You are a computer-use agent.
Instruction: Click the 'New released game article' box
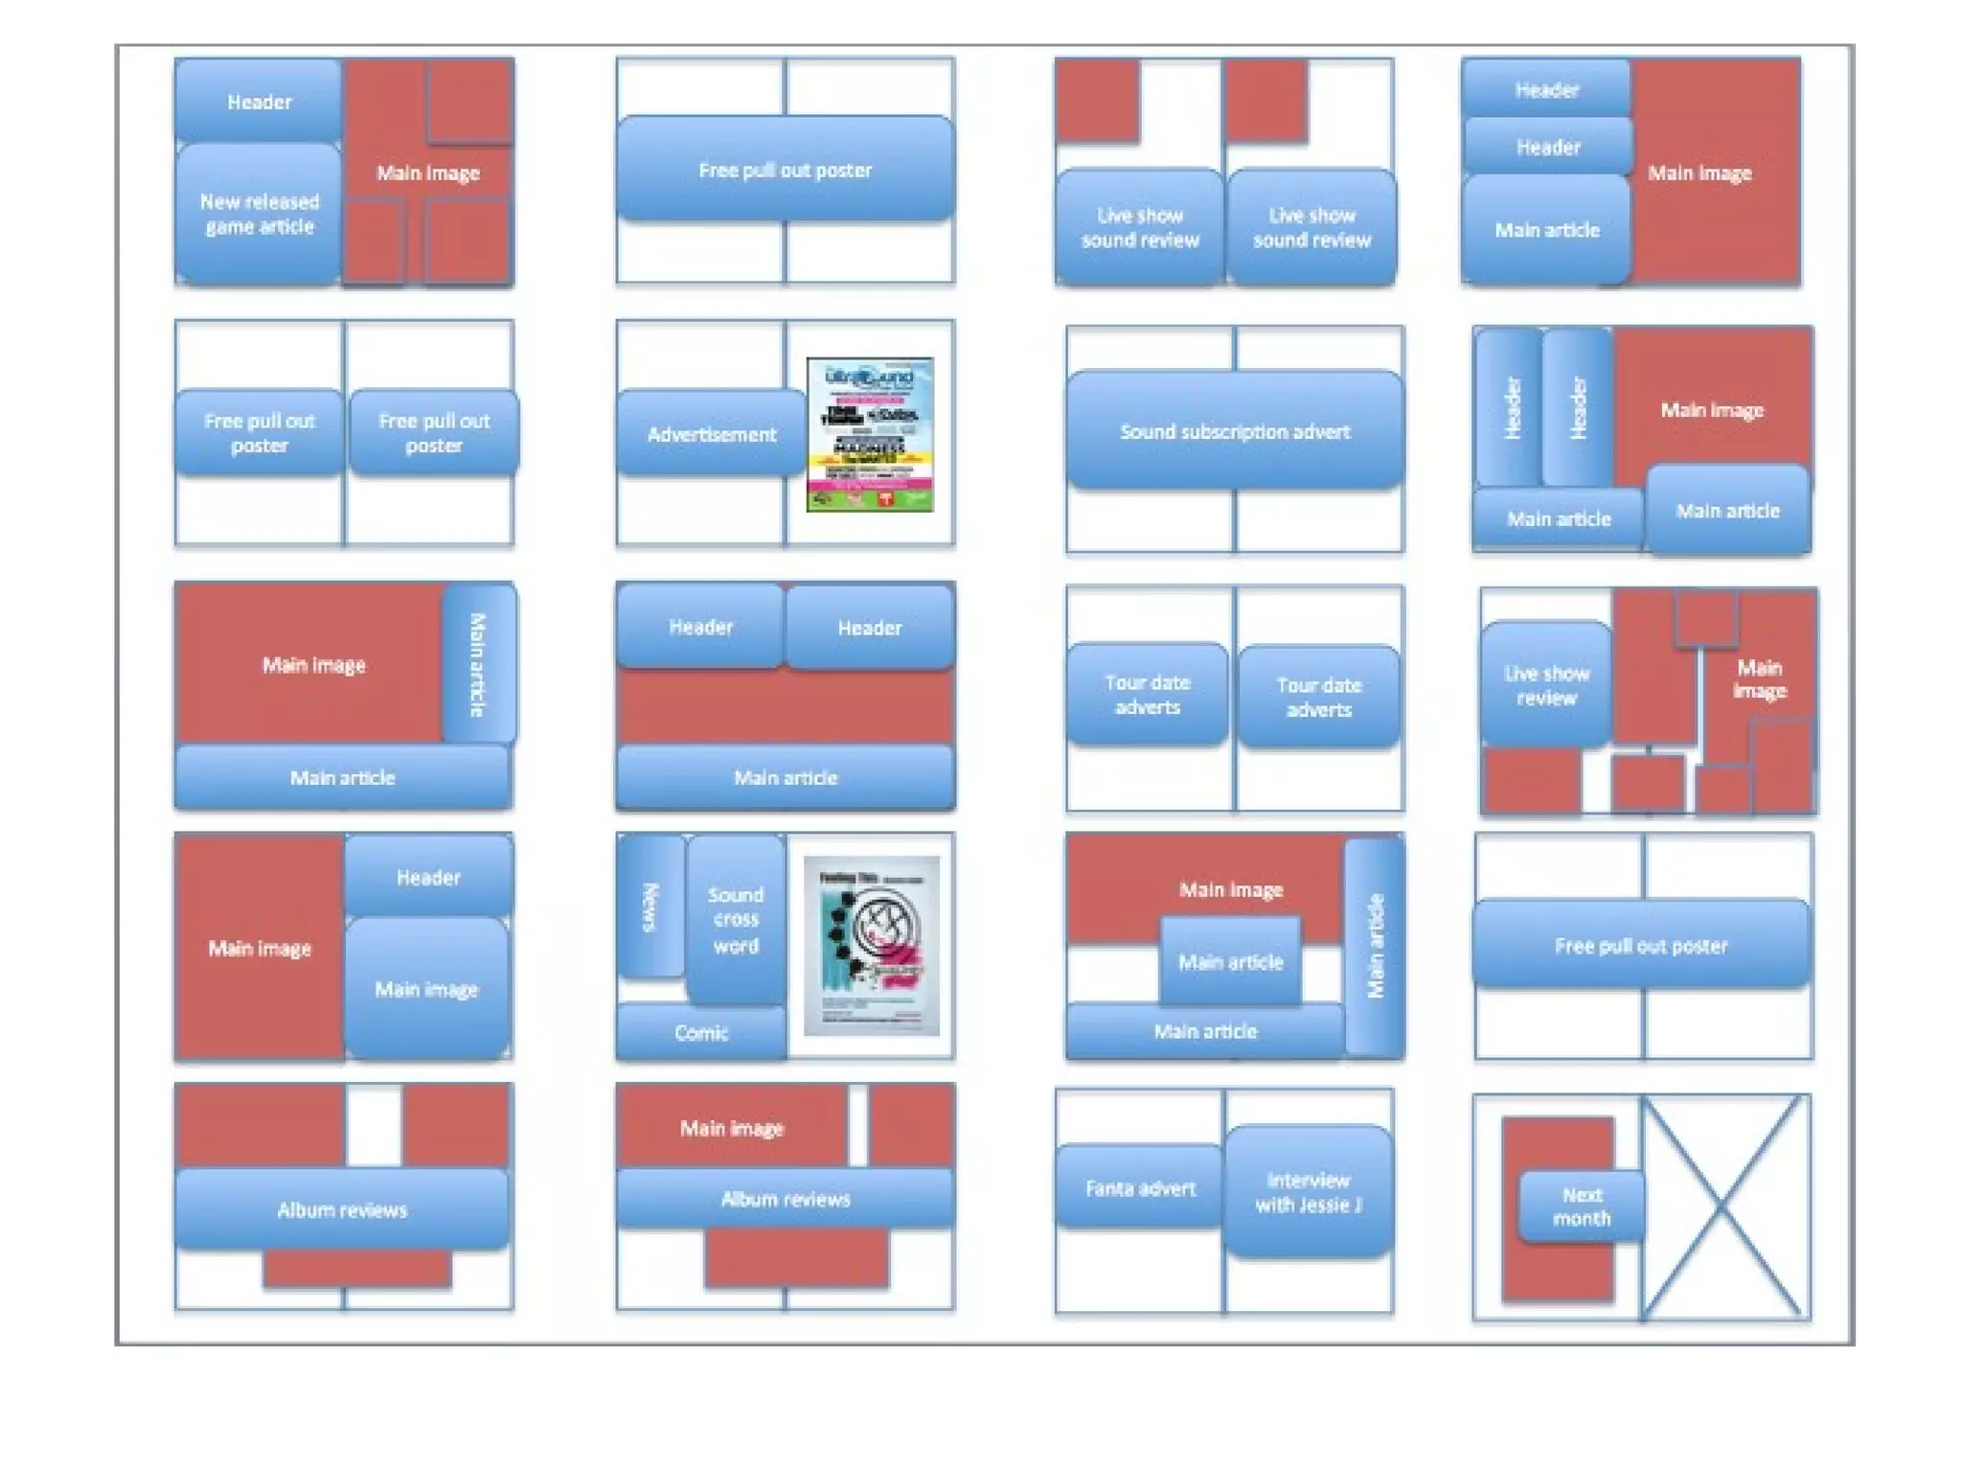(x=259, y=214)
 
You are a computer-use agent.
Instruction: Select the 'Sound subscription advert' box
(x=1234, y=431)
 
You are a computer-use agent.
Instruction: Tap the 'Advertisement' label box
(x=711, y=434)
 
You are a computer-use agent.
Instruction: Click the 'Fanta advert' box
(x=1139, y=1188)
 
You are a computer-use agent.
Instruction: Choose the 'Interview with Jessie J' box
(x=1308, y=1191)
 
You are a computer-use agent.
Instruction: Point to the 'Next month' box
(x=1581, y=1207)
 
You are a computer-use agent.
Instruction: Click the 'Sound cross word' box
(x=735, y=920)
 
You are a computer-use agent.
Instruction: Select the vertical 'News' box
(x=650, y=907)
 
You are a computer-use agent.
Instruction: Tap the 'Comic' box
(x=700, y=1032)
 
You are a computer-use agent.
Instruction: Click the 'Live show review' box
(x=1545, y=684)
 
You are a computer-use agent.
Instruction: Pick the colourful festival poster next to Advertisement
(x=870, y=434)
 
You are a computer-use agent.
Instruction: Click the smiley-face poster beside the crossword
(x=871, y=945)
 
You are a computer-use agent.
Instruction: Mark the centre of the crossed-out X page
(x=1722, y=1207)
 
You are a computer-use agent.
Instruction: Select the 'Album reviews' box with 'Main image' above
(x=785, y=1199)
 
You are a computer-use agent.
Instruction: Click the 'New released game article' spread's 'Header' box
(x=259, y=101)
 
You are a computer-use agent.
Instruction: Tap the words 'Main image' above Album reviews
(x=732, y=1128)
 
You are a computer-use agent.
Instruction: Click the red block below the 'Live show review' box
(x=1530, y=780)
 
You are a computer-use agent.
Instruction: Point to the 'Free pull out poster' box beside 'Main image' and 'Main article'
(x=1641, y=945)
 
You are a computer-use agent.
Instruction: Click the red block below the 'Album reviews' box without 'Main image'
(x=356, y=1268)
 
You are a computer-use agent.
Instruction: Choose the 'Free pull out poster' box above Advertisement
(x=785, y=170)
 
